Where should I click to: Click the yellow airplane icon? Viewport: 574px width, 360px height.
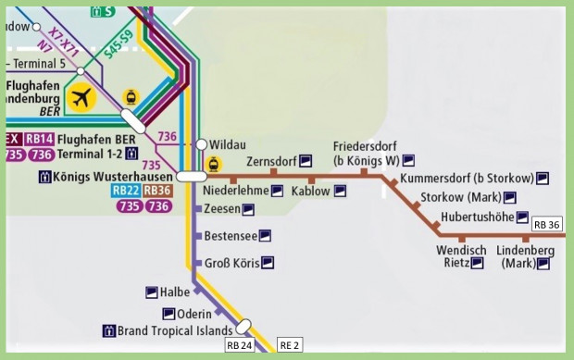click(x=82, y=97)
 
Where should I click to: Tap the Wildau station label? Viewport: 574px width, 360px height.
click(x=228, y=144)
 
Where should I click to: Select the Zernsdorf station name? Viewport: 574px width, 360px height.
click(x=275, y=160)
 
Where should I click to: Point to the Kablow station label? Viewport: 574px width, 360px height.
click(x=310, y=191)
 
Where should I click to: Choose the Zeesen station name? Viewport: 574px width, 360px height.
click(x=221, y=209)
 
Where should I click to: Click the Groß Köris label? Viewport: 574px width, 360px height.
click(x=231, y=263)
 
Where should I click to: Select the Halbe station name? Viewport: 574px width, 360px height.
click(x=175, y=292)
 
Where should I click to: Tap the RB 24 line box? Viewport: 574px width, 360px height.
click(x=239, y=346)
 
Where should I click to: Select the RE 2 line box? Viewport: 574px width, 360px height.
click(x=290, y=346)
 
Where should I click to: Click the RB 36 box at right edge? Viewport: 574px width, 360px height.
click(x=547, y=225)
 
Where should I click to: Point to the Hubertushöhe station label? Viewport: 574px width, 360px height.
click(x=477, y=217)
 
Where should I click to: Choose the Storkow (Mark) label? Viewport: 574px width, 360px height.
click(x=455, y=197)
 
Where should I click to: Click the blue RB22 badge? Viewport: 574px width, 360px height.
click(x=125, y=191)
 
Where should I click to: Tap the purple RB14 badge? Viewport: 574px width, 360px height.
click(x=39, y=139)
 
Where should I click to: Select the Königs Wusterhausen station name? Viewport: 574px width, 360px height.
click(x=113, y=176)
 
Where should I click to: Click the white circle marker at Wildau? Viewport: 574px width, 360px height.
click(x=201, y=144)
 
